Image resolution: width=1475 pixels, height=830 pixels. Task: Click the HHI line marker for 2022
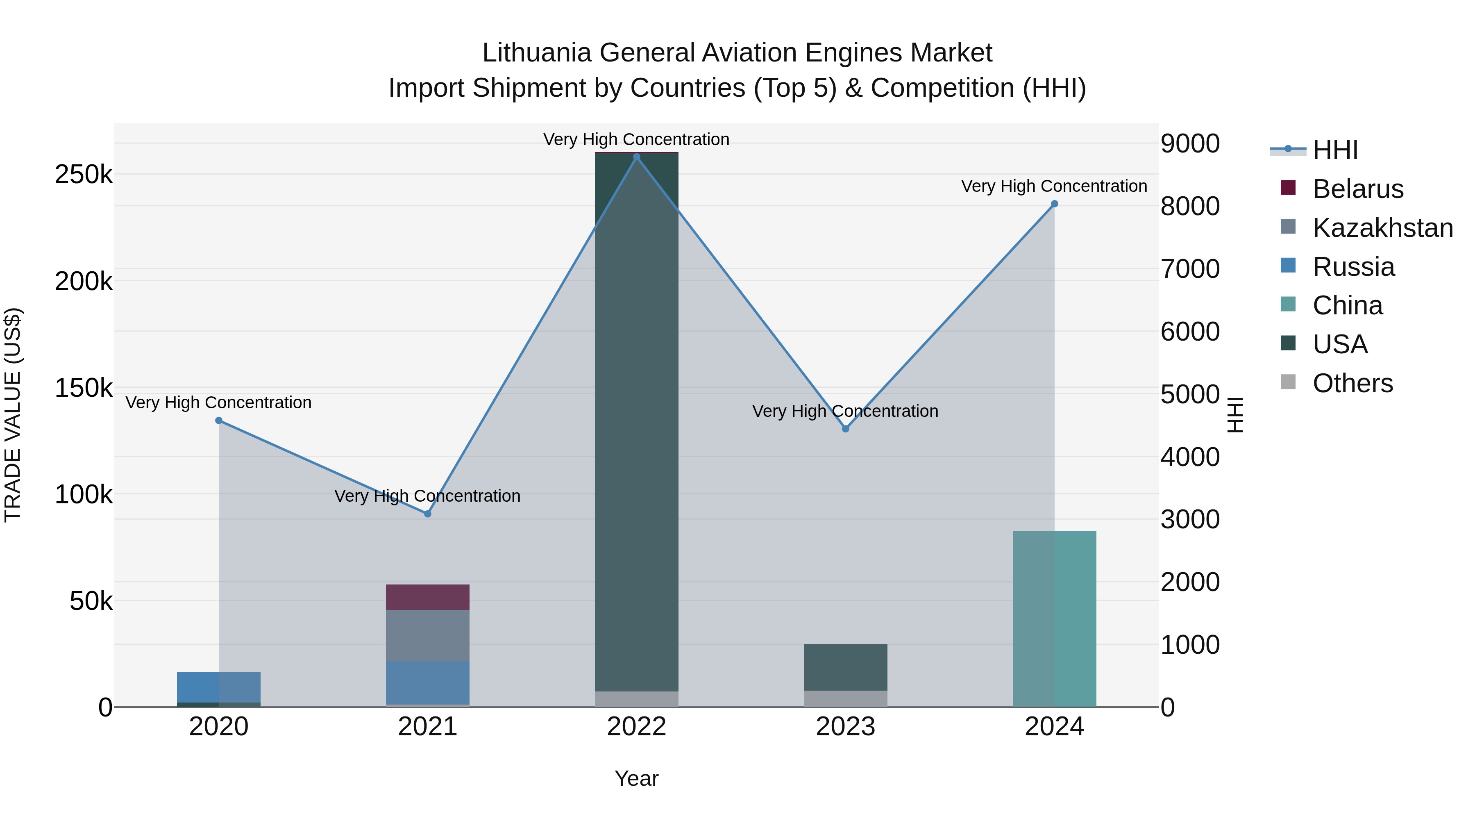pyautogui.click(x=636, y=157)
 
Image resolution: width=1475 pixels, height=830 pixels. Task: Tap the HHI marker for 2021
pyautogui.click(x=427, y=514)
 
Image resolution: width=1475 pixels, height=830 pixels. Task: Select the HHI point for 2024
pyautogui.click(x=1054, y=204)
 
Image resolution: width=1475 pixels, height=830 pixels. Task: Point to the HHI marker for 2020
pyautogui.click(x=219, y=421)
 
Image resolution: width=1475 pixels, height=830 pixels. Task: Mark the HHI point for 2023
pyautogui.click(x=846, y=428)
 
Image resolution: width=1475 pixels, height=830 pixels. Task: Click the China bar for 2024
pyautogui.click(x=1054, y=619)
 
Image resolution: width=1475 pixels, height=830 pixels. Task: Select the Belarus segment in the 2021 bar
pyautogui.click(x=427, y=597)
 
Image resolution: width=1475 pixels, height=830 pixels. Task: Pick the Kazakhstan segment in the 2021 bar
pyautogui.click(x=427, y=635)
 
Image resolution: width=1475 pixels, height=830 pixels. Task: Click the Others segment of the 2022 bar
pyautogui.click(x=636, y=699)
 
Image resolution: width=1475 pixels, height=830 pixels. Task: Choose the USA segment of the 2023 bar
pyautogui.click(x=846, y=667)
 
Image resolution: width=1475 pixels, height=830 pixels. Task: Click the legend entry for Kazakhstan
pyautogui.click(x=1382, y=228)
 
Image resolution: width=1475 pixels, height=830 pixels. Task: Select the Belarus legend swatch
pyautogui.click(x=1288, y=188)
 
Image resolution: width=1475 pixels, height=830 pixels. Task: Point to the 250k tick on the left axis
pyautogui.click(x=84, y=174)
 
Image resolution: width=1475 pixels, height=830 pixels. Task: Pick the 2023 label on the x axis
pyautogui.click(x=846, y=727)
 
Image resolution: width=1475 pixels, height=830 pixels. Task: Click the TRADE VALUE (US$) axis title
pyautogui.click(x=13, y=415)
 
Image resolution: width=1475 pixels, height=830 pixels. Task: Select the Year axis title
pyautogui.click(x=636, y=778)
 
